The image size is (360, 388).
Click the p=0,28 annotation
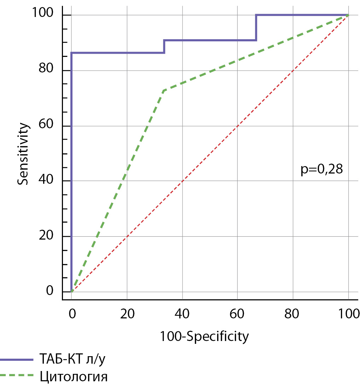322,170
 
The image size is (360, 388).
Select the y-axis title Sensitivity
23,153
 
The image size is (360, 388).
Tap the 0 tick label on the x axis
71,313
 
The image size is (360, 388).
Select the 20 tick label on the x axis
127,313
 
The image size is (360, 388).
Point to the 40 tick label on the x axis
182,313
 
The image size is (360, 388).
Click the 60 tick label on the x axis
237,313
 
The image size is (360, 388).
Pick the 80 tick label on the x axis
293,313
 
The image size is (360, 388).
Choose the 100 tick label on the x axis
348,313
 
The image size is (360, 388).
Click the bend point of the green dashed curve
164,90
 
